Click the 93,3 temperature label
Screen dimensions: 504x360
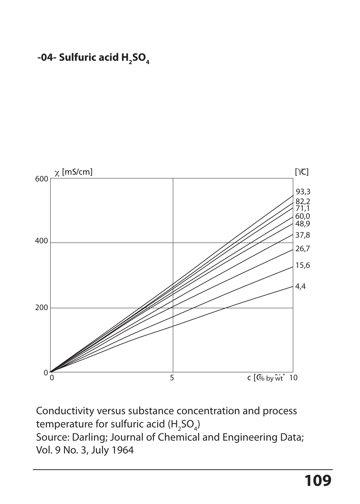[x=303, y=192]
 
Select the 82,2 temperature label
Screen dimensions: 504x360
[x=303, y=202]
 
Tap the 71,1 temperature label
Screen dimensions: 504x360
[x=303, y=208]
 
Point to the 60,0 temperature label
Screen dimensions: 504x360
[x=303, y=216]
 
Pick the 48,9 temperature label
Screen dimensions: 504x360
[x=303, y=224]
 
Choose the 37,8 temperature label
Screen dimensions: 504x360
[x=303, y=235]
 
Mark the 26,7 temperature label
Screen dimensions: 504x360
[x=303, y=249]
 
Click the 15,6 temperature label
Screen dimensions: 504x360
[x=303, y=265]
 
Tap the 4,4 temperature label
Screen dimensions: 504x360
[x=300, y=286]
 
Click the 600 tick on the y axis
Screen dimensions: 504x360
[x=42, y=179]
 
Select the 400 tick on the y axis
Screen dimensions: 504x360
[x=42, y=241]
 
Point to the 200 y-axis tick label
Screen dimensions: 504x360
[x=42, y=308]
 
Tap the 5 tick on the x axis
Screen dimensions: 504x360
[x=172, y=378]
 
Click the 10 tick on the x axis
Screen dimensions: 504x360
[x=293, y=378]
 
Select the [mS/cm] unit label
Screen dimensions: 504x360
[x=77, y=172]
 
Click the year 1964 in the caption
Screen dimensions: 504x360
[x=122, y=450]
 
